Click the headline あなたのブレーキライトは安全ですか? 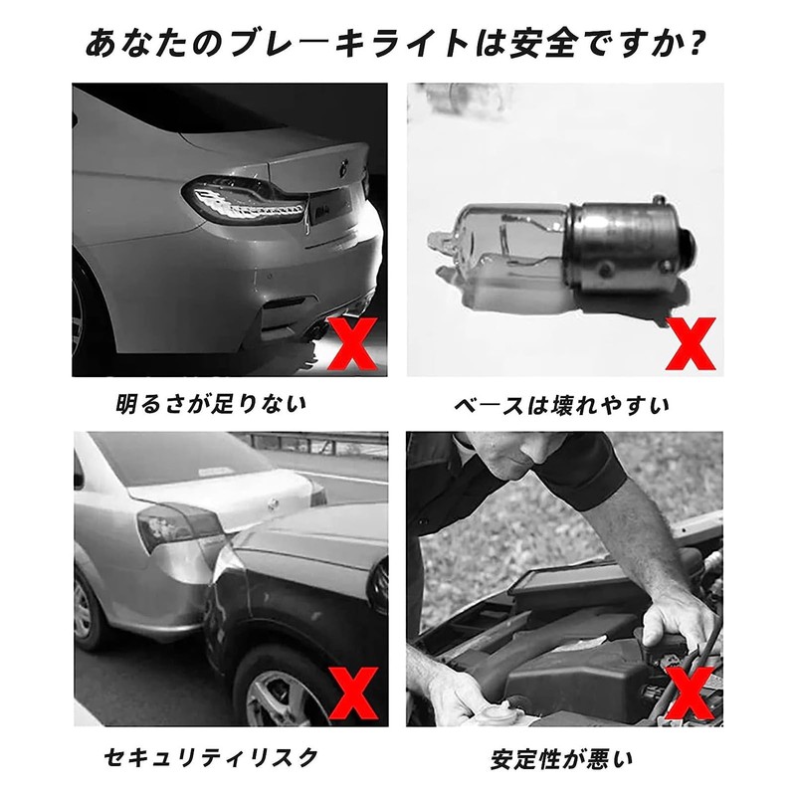pyautogui.click(x=394, y=44)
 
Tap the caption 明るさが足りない pyautogui.click(x=212, y=405)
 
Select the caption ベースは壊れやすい pyautogui.click(x=562, y=406)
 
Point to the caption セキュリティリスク pyautogui.click(x=211, y=758)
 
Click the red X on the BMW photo pyautogui.click(x=353, y=343)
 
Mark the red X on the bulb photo pyautogui.click(x=691, y=343)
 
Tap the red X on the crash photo pyautogui.click(x=353, y=694)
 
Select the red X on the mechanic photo pyautogui.click(x=691, y=694)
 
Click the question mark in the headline pyautogui.click(x=692, y=44)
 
